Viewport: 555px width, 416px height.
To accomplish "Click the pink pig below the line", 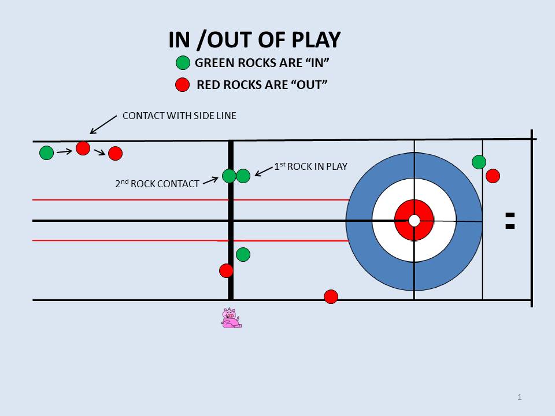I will (x=231, y=318).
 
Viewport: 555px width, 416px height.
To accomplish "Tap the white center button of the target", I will (x=414, y=220).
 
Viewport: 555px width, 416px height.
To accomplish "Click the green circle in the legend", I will (x=183, y=63).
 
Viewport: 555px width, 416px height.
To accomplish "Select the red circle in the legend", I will (x=183, y=85).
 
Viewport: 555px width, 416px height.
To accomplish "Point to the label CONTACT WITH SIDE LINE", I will (x=179, y=116).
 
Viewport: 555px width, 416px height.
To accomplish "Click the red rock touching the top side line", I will (x=83, y=148).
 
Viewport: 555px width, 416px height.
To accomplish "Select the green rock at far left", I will (x=46, y=153).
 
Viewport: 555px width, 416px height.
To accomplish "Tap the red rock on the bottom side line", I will (x=331, y=296).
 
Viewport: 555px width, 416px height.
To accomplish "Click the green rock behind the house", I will (x=479, y=162).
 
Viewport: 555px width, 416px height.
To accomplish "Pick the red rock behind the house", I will (x=493, y=176).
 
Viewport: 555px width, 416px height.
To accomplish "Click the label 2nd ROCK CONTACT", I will (x=157, y=184).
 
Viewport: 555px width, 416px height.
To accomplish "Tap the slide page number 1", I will (x=520, y=397).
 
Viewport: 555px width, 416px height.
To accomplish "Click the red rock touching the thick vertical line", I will (x=226, y=270).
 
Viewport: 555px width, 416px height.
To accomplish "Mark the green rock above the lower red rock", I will (x=243, y=254).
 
